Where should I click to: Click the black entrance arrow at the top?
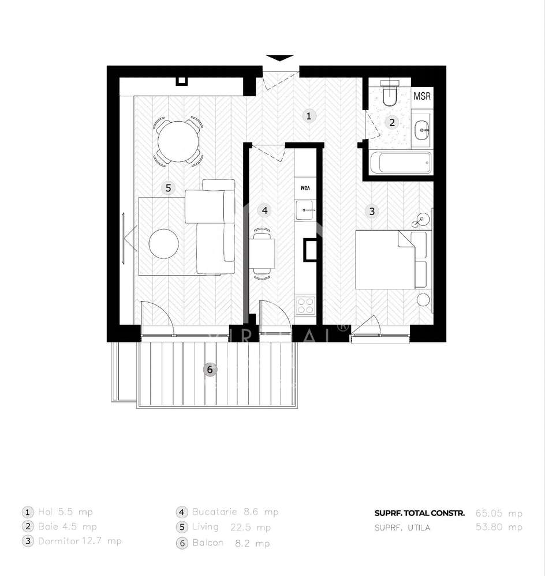[x=279, y=58]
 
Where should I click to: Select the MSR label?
[x=422, y=96]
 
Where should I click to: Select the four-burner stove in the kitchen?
[x=305, y=306]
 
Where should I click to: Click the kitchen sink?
[x=304, y=208]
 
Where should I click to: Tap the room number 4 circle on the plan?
[x=264, y=210]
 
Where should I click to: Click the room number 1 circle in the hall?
[x=309, y=116]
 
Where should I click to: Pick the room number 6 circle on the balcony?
[x=210, y=369]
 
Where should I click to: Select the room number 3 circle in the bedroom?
[x=372, y=212]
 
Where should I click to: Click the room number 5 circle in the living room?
[x=168, y=187]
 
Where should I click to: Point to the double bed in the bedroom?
[x=385, y=259]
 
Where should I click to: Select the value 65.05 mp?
[x=499, y=513]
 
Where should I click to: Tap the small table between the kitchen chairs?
[x=263, y=254]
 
